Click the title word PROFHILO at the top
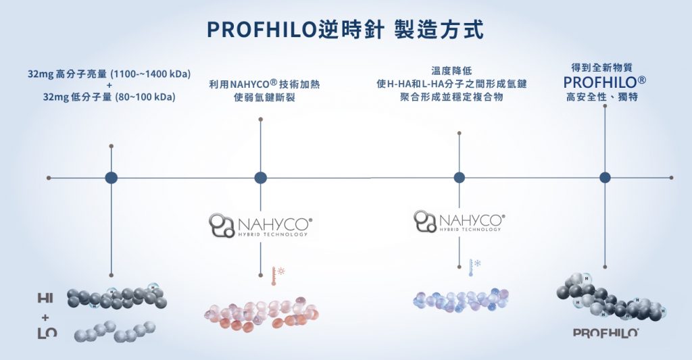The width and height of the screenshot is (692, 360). coord(250,30)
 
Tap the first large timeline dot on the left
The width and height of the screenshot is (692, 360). coord(112,178)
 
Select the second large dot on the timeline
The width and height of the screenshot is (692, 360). coord(261,178)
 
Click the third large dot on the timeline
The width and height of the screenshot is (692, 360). coord(460,178)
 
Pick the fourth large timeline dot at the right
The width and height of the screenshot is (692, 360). coord(605,178)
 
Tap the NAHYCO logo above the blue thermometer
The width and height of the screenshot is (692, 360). coord(460,220)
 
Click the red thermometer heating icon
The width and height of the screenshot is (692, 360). coord(276,274)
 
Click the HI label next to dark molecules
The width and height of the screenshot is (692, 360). coord(46,298)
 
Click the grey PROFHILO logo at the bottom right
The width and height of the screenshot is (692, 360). coord(606,332)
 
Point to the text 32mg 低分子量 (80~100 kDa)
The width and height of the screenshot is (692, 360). coord(109,97)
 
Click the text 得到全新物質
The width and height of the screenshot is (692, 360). coord(605,68)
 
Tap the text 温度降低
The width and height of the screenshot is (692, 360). coord(451,70)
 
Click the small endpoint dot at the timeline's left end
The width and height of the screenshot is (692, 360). coord(49,178)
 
